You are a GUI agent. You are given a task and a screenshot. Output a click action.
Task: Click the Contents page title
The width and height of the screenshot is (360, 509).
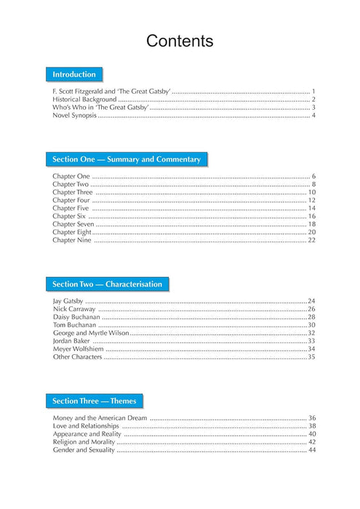pos(180,41)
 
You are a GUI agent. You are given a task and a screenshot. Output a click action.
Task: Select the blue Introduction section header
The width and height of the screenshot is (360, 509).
pos(74,74)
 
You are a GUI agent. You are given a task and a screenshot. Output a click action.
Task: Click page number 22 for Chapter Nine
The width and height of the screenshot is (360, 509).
pos(311,240)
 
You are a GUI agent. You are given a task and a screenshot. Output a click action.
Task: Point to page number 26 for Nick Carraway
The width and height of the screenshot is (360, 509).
pos(311,309)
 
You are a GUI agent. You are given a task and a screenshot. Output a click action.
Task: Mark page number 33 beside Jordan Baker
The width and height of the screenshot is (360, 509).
pos(311,341)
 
